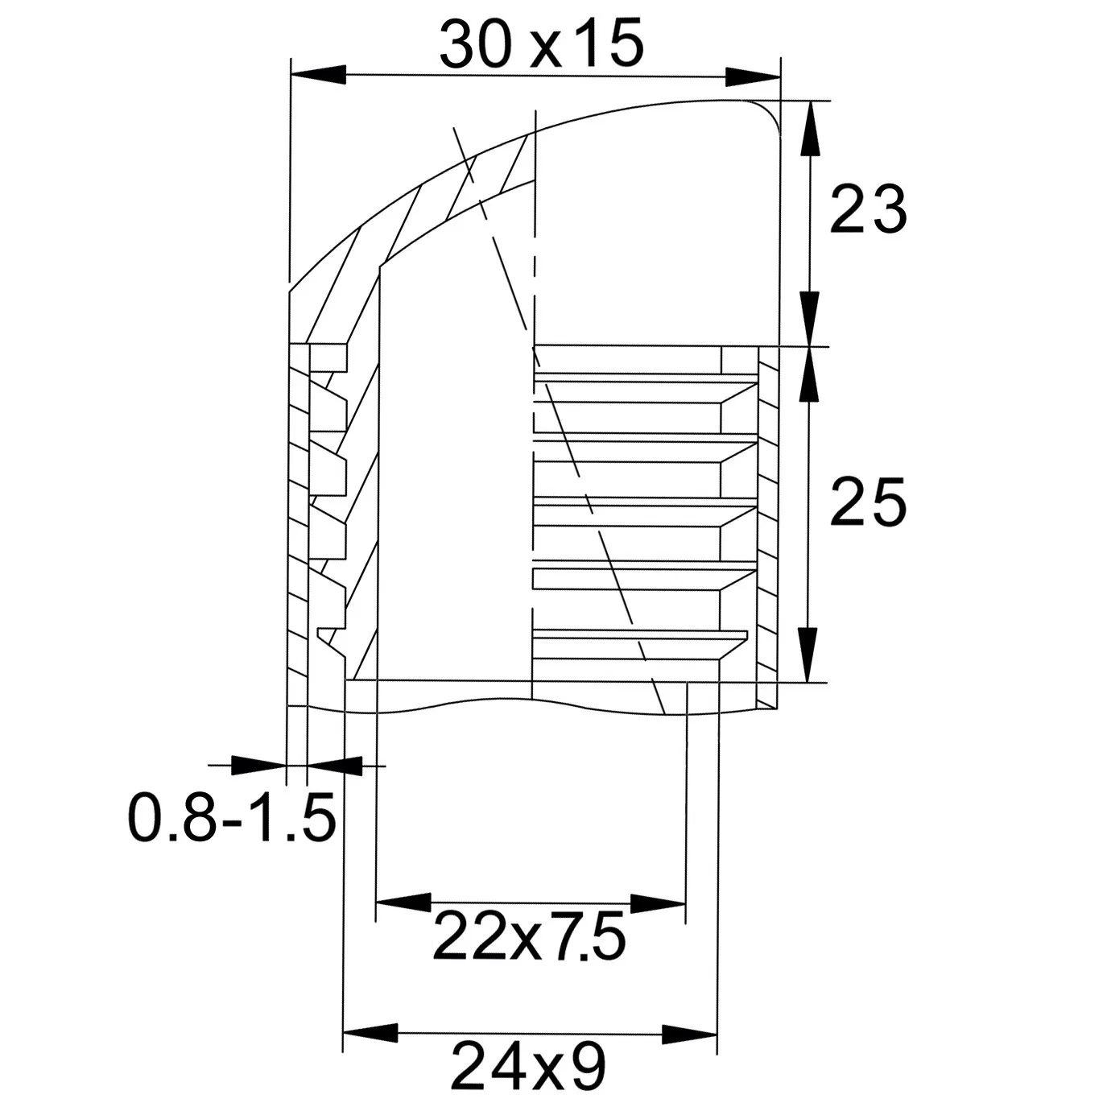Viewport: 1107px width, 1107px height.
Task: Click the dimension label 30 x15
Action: pyautogui.click(x=541, y=45)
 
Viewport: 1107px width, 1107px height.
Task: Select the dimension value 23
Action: pyautogui.click(x=868, y=209)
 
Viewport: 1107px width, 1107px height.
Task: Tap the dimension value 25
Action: pyautogui.click(x=868, y=502)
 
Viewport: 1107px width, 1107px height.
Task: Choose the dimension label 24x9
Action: pyautogui.click(x=529, y=1066)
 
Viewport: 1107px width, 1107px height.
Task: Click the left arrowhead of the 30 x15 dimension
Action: pyautogui.click(x=318, y=75)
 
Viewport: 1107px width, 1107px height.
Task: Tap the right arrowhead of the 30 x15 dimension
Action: pyautogui.click(x=753, y=77)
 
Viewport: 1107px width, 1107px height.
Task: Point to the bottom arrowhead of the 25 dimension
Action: pyautogui.click(x=808, y=655)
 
